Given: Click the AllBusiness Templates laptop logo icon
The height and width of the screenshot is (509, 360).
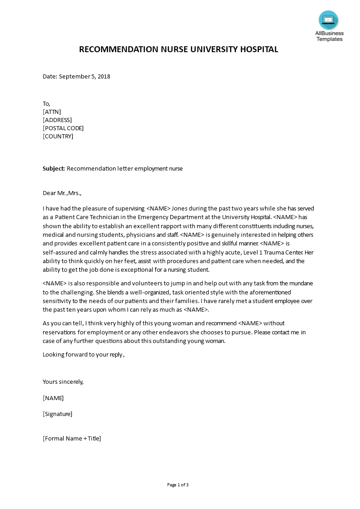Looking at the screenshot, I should [328, 20].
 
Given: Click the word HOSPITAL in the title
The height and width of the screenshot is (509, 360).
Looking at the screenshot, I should [258, 49].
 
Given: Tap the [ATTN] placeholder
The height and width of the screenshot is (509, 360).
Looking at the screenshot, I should [52, 112].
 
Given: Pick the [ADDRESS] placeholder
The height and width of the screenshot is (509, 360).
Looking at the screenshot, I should [57, 120].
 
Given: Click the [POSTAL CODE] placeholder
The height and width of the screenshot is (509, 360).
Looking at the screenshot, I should [63, 128].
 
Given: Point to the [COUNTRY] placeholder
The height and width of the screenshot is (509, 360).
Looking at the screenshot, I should [58, 137].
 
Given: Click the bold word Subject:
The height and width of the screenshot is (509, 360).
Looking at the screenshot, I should [54, 169].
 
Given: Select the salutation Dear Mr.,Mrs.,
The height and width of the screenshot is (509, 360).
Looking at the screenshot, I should [62, 193].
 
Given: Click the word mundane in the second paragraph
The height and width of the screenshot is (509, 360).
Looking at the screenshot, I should [300, 284].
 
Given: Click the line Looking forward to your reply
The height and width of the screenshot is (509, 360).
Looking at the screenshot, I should [83, 355].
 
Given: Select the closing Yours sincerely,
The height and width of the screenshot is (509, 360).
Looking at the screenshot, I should [63, 382].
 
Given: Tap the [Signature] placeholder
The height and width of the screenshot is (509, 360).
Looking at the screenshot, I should [58, 414].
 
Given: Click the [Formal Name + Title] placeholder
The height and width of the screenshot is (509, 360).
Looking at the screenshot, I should [72, 439].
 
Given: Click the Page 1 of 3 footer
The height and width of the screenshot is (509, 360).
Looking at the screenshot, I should [178, 485].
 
